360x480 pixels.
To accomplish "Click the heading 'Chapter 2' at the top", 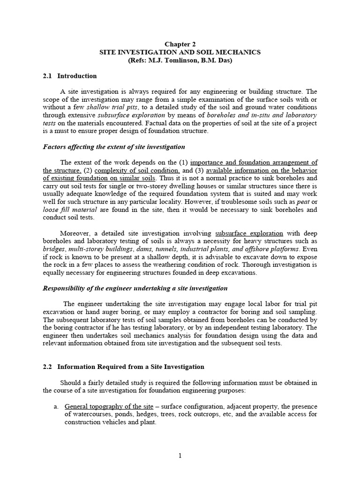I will pyautogui.click(x=180, y=44).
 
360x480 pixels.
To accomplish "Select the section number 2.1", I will pyautogui.click(x=46, y=76).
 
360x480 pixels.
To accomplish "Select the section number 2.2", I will pyautogui.click(x=46, y=367).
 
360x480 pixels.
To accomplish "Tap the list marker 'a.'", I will pyautogui.click(x=56, y=406).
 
